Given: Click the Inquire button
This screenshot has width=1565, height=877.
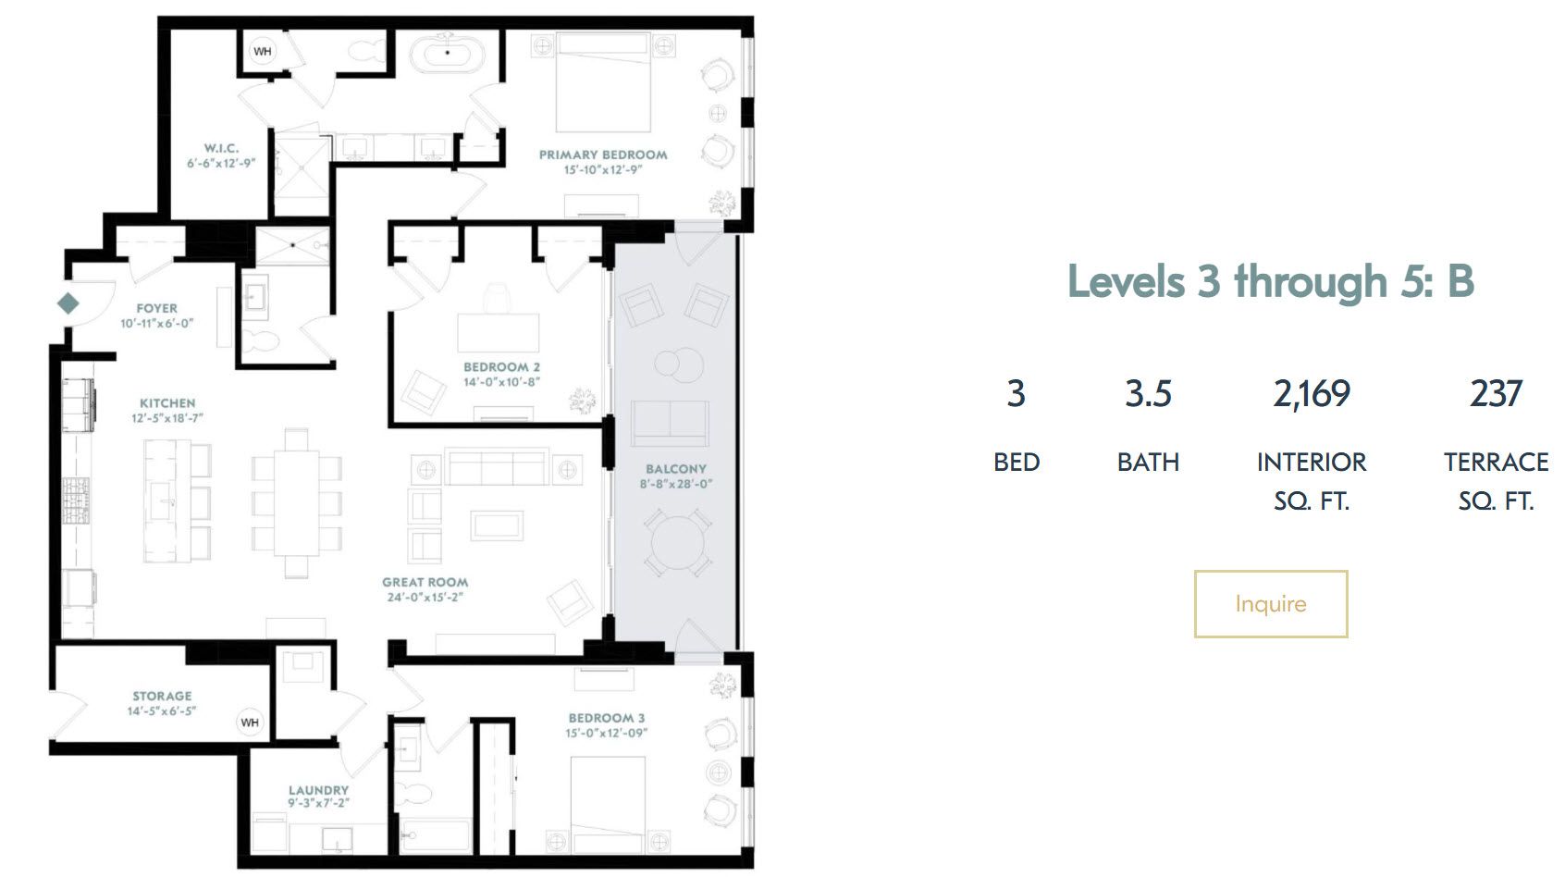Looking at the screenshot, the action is tap(1270, 604).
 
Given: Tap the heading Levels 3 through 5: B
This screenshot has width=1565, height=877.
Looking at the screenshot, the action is tap(1270, 281).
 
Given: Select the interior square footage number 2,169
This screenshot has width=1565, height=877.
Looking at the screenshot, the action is tap(1312, 394).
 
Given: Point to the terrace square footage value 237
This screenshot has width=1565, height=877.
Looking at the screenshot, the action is tap(1496, 394).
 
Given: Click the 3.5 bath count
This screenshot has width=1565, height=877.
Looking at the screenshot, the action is tap(1148, 394).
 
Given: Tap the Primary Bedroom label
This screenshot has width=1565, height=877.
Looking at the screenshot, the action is tap(603, 155).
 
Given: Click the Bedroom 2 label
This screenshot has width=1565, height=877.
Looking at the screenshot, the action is tap(501, 367).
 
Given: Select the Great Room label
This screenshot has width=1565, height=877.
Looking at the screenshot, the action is tap(425, 582).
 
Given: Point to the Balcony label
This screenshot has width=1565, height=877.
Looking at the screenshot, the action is tap(675, 469).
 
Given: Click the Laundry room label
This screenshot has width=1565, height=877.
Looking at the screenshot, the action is tap(318, 790).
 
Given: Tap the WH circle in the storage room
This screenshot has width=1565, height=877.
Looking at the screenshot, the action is tap(250, 723).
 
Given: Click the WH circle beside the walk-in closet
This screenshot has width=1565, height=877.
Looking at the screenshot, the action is tap(262, 51).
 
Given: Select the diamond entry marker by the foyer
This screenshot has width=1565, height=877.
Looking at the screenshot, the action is tap(68, 303).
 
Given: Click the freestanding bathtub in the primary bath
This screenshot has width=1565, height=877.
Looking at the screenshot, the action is tap(447, 53).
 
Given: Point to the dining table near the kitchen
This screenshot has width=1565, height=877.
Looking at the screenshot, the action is tap(296, 503).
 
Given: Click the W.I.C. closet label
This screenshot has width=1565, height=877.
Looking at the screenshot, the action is tap(221, 148).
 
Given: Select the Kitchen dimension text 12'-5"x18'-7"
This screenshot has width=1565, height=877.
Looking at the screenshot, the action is tap(167, 418).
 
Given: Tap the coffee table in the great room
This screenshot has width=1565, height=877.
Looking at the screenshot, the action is tap(497, 525).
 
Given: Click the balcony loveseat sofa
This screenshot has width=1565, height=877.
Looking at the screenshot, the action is tap(670, 424).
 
